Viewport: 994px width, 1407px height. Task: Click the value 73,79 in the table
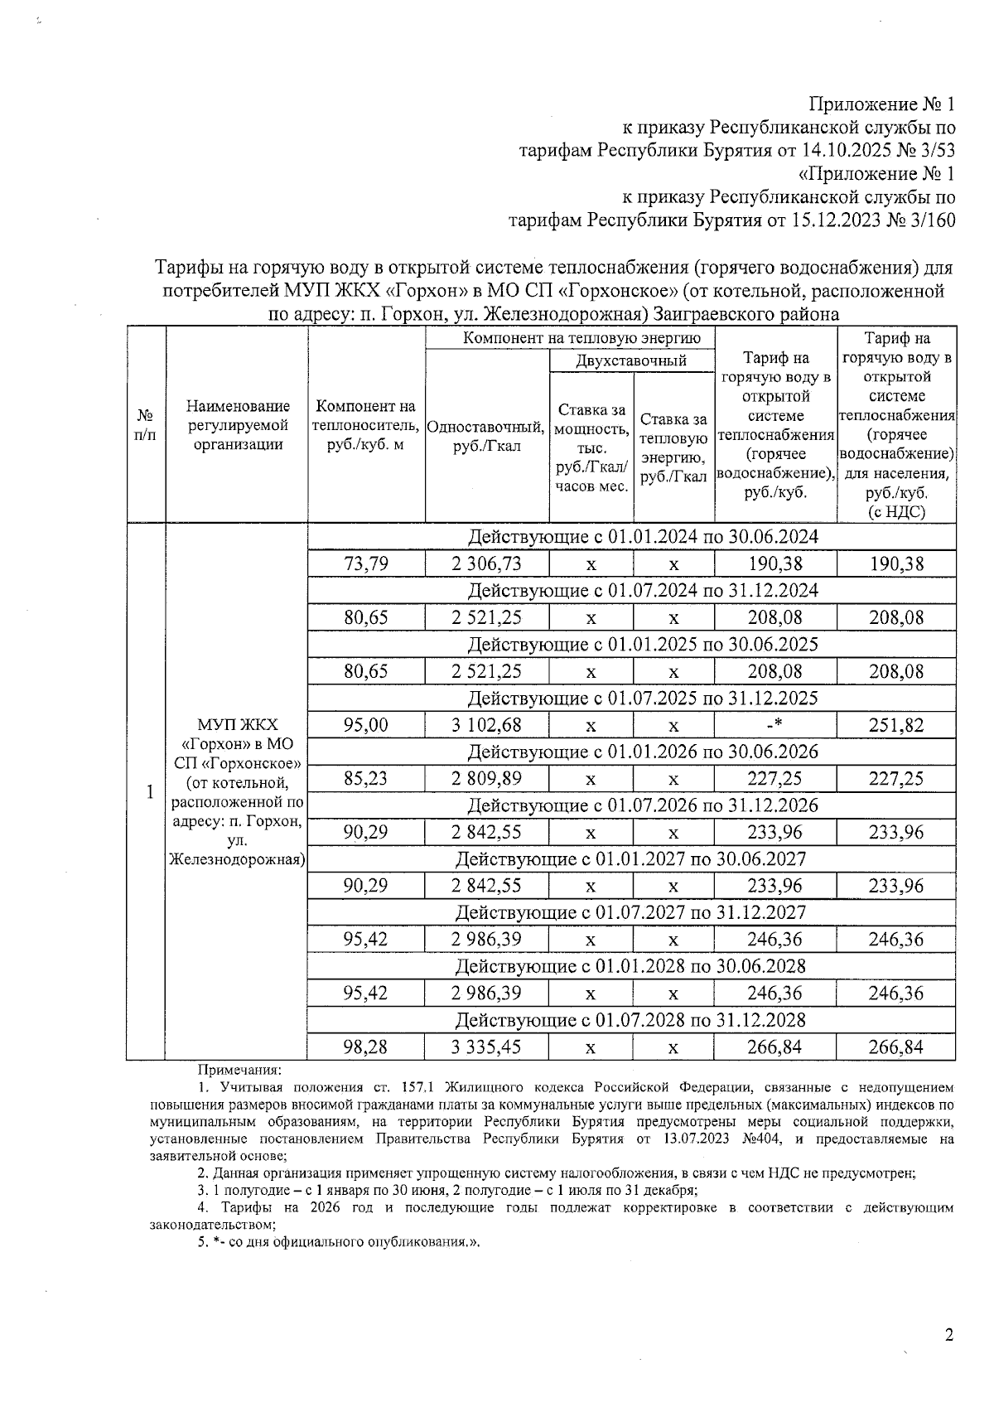tap(366, 564)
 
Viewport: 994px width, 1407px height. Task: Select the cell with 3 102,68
tap(486, 725)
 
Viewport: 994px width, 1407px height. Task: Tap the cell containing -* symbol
tap(774, 725)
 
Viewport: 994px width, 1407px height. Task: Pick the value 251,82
tap(895, 725)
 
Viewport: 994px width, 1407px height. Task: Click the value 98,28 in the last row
tap(366, 1047)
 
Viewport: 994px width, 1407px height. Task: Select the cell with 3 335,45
tap(486, 1047)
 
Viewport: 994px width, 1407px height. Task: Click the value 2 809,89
tap(486, 779)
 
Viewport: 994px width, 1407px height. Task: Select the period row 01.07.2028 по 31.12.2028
tap(631, 1019)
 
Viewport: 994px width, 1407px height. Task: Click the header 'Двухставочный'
tap(631, 360)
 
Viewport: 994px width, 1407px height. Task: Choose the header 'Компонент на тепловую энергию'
tap(569, 338)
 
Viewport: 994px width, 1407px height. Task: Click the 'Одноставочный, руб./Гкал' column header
tap(486, 437)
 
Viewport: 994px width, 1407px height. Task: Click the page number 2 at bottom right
tap(948, 1335)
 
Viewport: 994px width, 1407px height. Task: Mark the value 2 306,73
tap(486, 564)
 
